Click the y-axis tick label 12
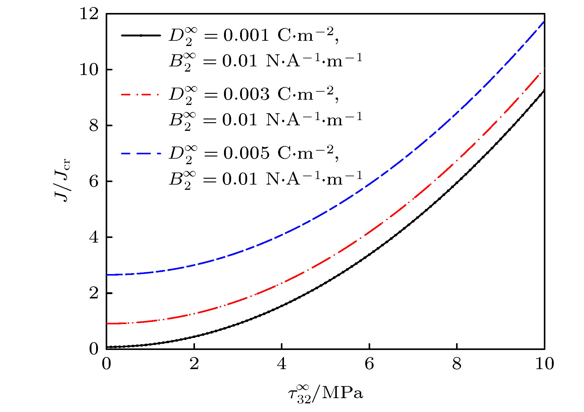click(89, 14)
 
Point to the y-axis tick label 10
click(89, 70)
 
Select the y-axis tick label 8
click(94, 126)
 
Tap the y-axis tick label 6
click(94, 182)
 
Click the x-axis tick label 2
click(194, 364)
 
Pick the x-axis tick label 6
click(369, 364)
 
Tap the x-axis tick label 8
click(457, 364)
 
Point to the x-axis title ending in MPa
click(325, 394)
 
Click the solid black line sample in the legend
click(141, 35)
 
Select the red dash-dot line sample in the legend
click(141, 94)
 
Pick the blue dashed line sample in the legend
click(141, 153)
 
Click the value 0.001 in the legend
click(246, 35)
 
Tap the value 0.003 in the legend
click(246, 94)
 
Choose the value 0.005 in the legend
click(246, 153)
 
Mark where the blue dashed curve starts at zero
click(107, 275)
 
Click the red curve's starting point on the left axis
click(107, 323)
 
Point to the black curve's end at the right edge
click(544, 90)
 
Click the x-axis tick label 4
click(281, 364)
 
